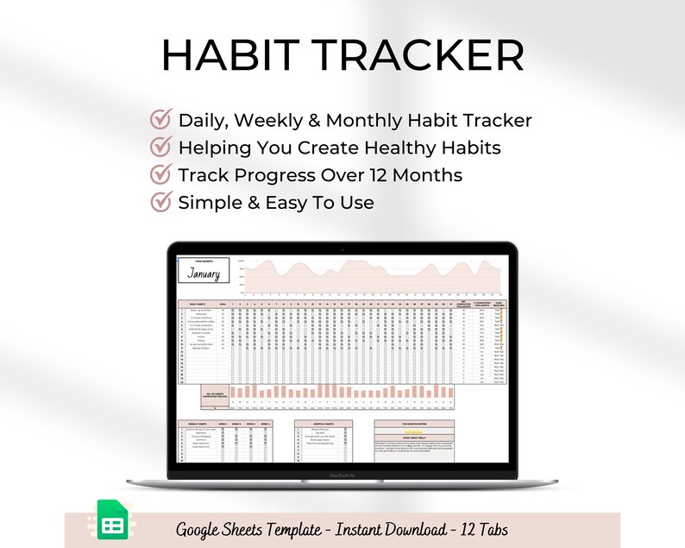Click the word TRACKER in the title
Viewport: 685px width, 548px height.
point(419,57)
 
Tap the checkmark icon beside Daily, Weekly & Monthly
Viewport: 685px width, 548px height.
point(160,120)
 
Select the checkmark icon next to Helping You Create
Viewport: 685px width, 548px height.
point(160,148)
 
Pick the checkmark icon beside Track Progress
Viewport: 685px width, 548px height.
point(160,175)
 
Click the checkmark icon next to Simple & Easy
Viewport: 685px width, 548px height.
point(160,203)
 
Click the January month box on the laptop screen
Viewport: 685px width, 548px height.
point(204,272)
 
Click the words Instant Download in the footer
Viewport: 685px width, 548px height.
point(386,527)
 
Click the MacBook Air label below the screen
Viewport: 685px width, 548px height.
point(342,474)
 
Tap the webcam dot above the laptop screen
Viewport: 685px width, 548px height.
point(342,245)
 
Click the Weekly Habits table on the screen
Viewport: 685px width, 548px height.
point(226,444)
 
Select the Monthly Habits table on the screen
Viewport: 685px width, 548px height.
point(321,439)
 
